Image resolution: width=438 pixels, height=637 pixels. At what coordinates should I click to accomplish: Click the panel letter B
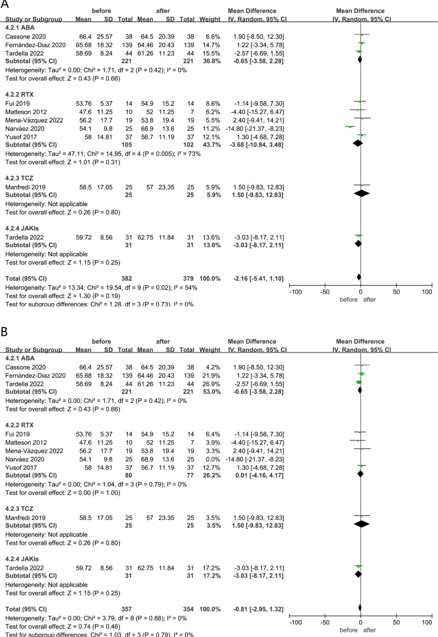coord(5,329)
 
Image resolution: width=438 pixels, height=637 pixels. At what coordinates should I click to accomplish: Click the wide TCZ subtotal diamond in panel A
coord(360,193)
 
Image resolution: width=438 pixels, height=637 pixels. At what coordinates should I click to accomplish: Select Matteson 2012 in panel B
coord(24,440)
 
